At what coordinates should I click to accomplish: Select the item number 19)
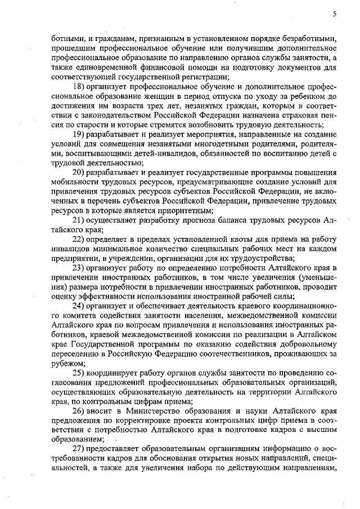(80, 134)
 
